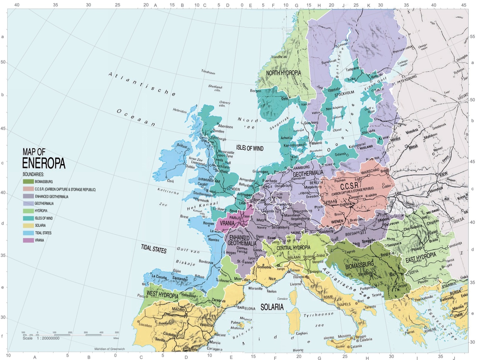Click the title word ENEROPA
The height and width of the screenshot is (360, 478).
click(44, 163)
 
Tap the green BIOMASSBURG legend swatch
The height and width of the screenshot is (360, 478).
click(28, 182)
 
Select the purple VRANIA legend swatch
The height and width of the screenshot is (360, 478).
click(28, 240)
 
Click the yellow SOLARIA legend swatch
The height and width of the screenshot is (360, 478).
click(28, 226)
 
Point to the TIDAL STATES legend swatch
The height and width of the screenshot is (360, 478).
click(28, 233)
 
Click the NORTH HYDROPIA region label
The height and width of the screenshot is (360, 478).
click(283, 73)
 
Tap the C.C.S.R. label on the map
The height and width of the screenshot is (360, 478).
click(349, 186)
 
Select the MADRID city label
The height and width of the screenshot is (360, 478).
click(178, 309)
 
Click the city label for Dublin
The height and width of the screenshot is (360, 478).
click(190, 167)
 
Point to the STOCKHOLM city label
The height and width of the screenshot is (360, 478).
click(344, 94)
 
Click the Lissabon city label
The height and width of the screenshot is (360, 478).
click(145, 325)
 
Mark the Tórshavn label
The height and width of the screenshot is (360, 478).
click(208, 72)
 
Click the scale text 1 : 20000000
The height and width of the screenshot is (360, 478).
click(48, 338)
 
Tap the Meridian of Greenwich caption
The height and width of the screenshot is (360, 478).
click(110, 349)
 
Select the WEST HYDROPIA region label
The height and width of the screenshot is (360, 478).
click(162, 294)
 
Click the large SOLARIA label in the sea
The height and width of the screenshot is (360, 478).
click(272, 307)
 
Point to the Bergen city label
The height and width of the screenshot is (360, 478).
click(256, 91)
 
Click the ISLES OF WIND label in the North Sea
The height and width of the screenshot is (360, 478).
click(250, 148)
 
